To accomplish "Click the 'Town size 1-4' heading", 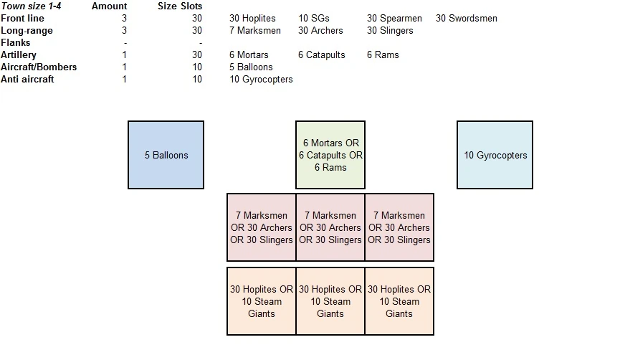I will coord(31,6).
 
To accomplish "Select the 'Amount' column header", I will coord(109,6).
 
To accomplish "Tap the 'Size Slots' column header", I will coord(180,6).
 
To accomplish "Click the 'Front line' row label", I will coord(23,18).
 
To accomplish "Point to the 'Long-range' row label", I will coord(27,30).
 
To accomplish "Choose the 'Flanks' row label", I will coord(16,42).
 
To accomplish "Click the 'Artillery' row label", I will coord(19,55).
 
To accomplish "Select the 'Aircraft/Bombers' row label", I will coord(39,67).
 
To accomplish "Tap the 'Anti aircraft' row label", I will coord(27,79).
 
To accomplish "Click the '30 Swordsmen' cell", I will coord(466,18).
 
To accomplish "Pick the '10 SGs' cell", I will coord(315,18).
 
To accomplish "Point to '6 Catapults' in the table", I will coord(322,55).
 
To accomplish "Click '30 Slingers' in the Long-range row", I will coord(390,30).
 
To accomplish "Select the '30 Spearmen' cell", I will coord(394,18).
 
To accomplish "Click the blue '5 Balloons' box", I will coord(166,155).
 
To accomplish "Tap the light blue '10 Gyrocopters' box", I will coord(495,155).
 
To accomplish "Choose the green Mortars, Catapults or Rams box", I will coord(330,155).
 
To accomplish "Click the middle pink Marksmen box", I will coord(330,227).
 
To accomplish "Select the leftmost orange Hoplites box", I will coord(262,301).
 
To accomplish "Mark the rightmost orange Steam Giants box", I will coord(399,301).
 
